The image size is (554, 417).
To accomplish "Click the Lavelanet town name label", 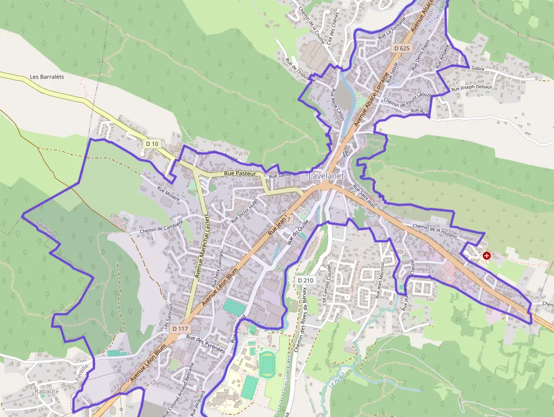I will pos(327,177).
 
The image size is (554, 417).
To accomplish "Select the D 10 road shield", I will pos(152,144).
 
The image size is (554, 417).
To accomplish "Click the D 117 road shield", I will pos(180,329).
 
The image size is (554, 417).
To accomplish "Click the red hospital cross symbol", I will pos(487,256).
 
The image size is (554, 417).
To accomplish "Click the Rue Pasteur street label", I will pos(240,173).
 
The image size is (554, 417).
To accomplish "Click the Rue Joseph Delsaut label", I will pos(471,88).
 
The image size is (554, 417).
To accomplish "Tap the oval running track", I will pos(267,364).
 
